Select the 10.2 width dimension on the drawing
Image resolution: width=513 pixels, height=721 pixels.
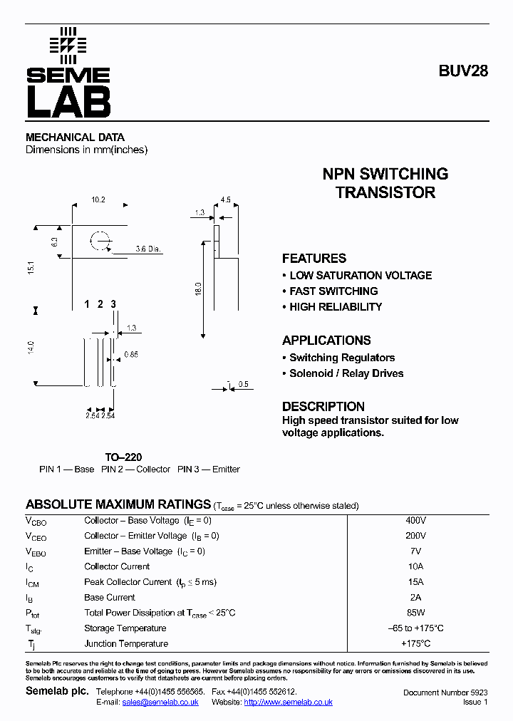tap(98, 200)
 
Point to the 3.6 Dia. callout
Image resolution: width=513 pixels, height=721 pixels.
tap(148, 249)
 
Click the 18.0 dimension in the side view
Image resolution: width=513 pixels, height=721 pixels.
tap(199, 289)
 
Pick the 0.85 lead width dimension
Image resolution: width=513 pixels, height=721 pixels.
tap(131, 354)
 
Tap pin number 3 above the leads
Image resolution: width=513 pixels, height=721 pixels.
tap(113, 305)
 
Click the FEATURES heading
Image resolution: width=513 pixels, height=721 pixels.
tap(314, 259)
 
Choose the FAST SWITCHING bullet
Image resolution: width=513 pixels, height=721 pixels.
tap(333, 291)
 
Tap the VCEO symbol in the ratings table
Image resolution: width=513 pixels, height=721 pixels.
tap(37, 536)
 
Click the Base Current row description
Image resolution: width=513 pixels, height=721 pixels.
tap(110, 597)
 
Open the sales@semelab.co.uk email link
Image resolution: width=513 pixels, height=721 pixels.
tap(160, 702)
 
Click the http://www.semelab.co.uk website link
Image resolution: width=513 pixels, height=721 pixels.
tap(288, 702)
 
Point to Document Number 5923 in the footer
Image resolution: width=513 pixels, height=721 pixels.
tap(445, 693)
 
